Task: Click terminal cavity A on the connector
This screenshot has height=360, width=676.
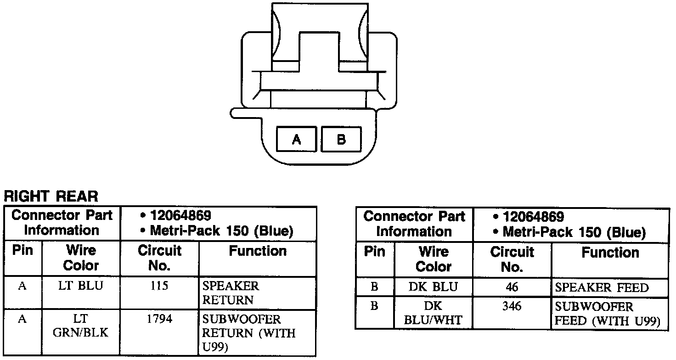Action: pos(296,139)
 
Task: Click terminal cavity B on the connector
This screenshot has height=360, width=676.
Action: pos(341,139)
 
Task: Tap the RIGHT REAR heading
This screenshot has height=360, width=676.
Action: pos(51,197)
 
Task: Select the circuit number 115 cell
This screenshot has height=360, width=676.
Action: pos(159,286)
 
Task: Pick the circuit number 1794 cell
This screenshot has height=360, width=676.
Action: pos(159,319)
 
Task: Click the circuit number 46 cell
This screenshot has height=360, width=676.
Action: pos(512,287)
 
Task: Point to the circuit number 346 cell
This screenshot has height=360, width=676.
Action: pos(512,306)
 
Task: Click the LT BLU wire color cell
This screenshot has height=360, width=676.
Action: pos(81,286)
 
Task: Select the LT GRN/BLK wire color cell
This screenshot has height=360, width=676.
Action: pos(81,326)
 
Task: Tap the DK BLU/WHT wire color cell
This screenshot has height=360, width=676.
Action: pos(433,313)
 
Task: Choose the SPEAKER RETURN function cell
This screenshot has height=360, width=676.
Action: pos(231,293)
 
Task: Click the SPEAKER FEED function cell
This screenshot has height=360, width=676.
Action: pos(602,288)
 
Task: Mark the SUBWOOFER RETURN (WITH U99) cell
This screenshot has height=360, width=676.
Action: pos(248,332)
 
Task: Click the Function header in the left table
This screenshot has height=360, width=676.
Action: pos(258,251)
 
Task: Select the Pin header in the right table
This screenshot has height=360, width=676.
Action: pos(375,252)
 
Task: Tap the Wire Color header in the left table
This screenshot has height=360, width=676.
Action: pos(81,258)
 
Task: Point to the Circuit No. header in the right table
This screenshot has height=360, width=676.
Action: pos(512,259)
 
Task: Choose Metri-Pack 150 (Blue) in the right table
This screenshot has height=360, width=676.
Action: pos(574,232)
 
